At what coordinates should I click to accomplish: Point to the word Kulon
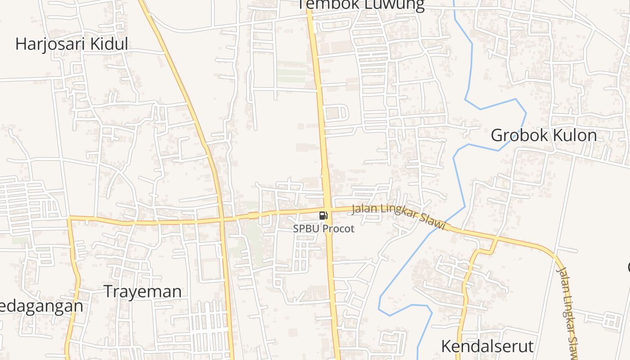tap(576, 135)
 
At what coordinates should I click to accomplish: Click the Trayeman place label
tap(143, 292)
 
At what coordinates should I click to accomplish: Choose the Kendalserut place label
tap(487, 346)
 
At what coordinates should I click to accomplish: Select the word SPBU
tap(306, 229)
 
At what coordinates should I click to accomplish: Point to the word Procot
tap(338, 229)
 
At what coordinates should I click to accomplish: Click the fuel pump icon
tap(323, 216)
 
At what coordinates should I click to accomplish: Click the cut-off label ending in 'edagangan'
tap(41, 306)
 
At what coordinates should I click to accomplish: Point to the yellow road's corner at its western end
tap(69, 218)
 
